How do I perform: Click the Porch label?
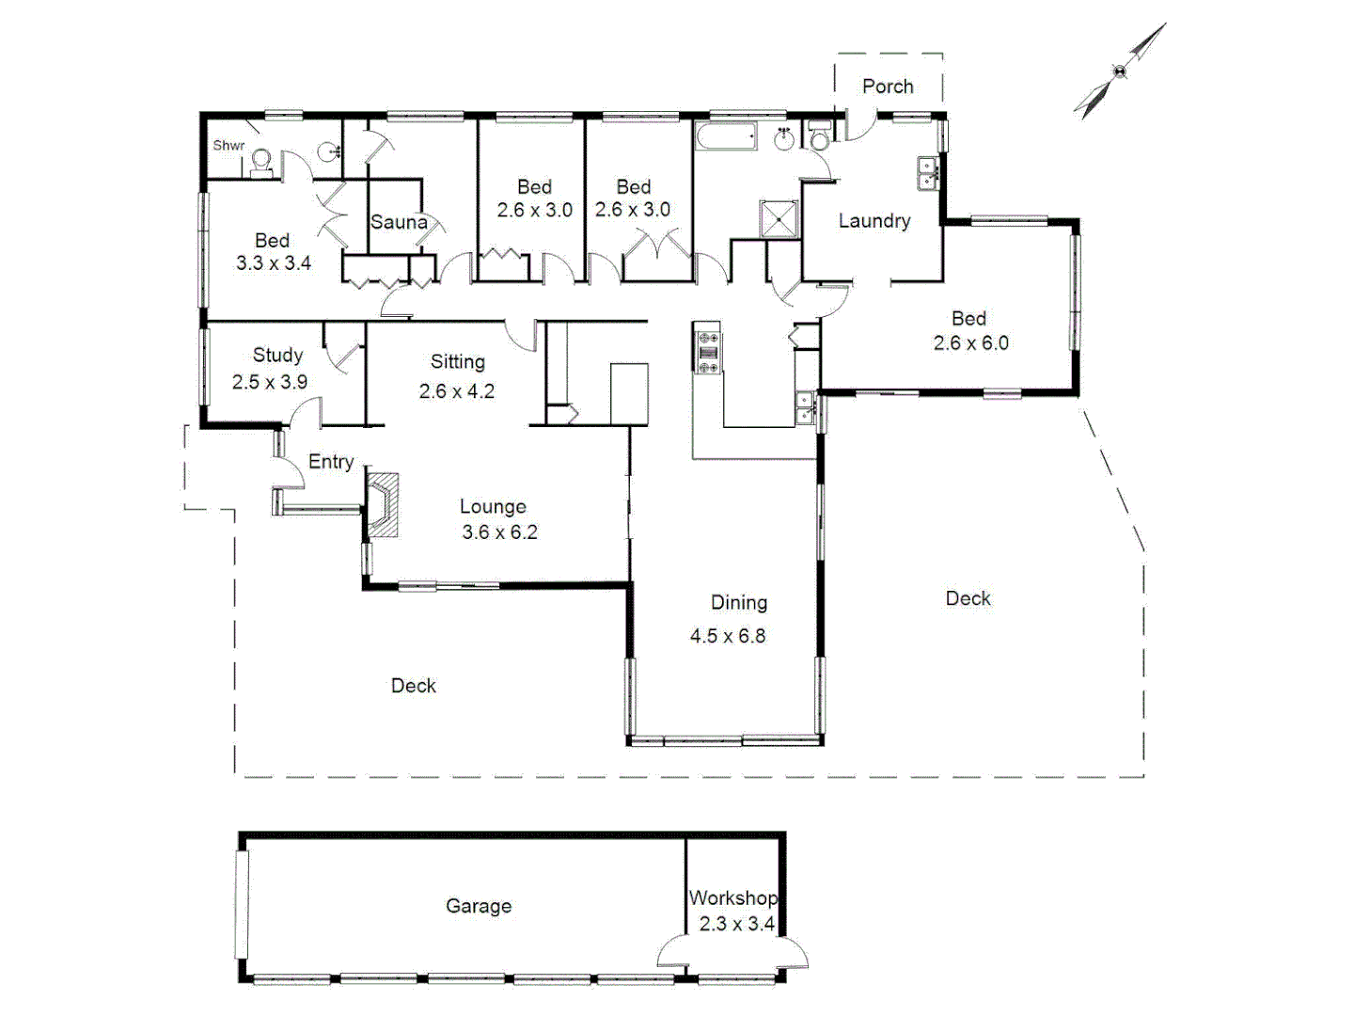pos(887,87)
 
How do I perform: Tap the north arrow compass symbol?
pos(1119,71)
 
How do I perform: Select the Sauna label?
pos(399,222)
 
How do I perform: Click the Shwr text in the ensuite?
pos(228,146)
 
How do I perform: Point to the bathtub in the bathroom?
pos(727,138)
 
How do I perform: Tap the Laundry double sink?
pos(927,174)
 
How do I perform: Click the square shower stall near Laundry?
pos(779,219)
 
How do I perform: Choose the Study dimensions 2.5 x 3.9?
pos(270,382)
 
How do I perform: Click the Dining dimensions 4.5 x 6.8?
pos(727,636)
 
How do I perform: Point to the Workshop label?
pos(732,897)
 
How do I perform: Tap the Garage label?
pos(479,906)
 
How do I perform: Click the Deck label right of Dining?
pos(968,598)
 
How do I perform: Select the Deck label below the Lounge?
pos(414,686)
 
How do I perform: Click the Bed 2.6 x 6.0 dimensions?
pos(970,343)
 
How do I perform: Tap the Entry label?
pos(331,462)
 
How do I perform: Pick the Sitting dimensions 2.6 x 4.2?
pos(457,390)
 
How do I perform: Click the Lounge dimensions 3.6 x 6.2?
pos(499,532)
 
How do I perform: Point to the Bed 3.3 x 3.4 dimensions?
pos(274,263)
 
